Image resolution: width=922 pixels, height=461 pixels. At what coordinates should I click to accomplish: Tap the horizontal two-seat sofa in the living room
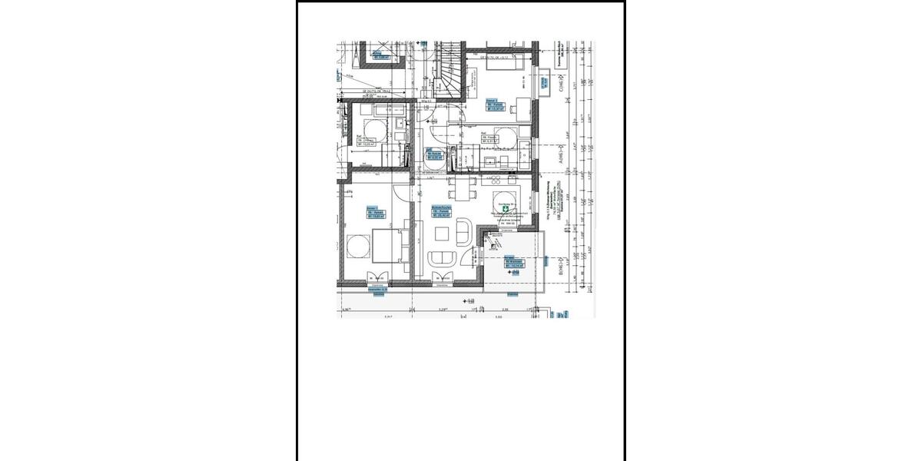click(442, 259)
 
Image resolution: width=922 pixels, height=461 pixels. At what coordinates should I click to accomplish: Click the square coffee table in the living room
click(442, 233)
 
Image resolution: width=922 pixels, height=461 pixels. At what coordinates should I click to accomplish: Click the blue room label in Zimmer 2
click(496, 106)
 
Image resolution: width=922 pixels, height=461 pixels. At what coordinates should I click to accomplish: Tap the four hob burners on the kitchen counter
click(496, 180)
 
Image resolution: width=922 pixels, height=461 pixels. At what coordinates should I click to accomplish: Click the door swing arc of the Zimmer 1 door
click(401, 194)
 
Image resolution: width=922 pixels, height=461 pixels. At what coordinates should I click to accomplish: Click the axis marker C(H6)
click(562, 80)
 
